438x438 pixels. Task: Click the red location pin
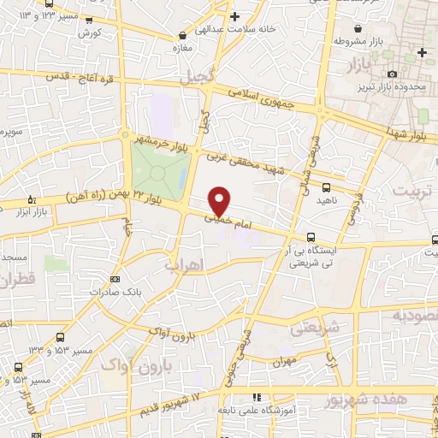tap(220, 200)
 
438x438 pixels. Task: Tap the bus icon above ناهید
tap(325, 186)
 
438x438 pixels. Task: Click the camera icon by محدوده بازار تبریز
tap(392, 75)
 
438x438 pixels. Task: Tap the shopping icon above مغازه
tap(182, 35)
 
